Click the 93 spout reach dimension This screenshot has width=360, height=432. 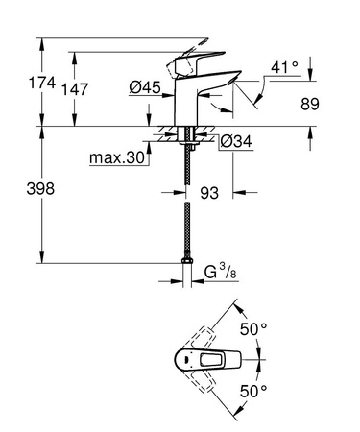point(208,193)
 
